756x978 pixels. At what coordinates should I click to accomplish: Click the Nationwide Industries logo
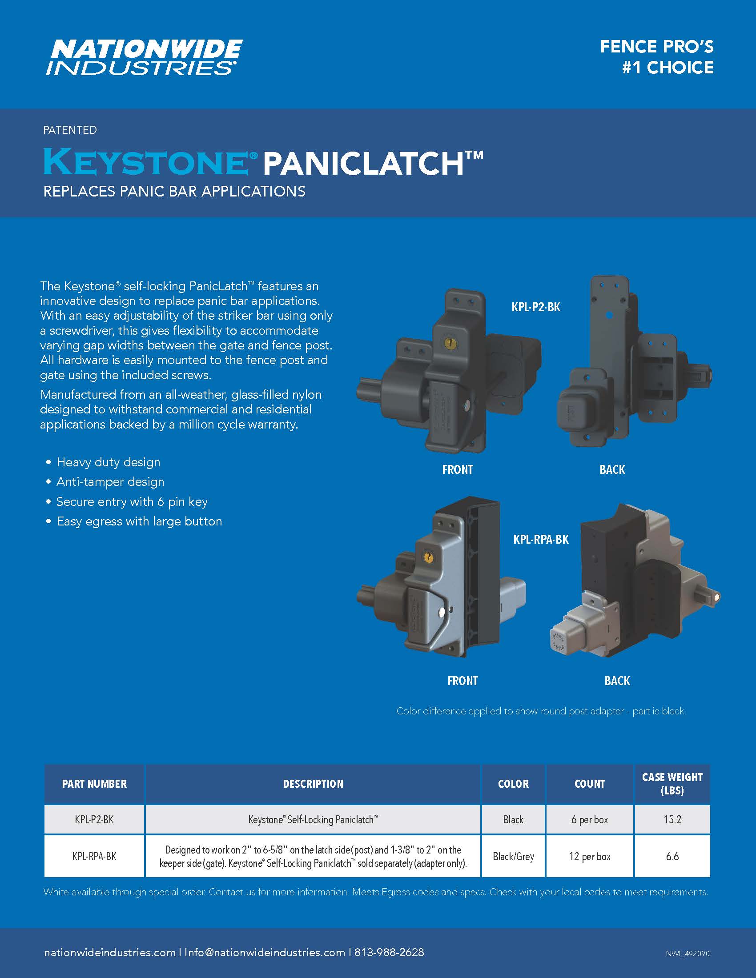(144, 57)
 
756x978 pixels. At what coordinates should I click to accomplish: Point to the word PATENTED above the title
(70, 130)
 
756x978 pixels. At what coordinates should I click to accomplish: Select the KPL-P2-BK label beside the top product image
(536, 307)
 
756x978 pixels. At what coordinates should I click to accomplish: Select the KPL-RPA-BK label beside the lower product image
(541, 539)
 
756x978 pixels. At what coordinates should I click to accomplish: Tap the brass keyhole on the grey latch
(429, 557)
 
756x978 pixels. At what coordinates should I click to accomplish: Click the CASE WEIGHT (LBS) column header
(672, 784)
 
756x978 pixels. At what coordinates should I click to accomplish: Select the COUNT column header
(589, 784)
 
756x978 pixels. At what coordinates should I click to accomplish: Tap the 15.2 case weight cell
(672, 819)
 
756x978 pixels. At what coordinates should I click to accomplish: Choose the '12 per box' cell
(590, 856)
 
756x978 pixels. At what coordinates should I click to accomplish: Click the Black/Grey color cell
(513, 856)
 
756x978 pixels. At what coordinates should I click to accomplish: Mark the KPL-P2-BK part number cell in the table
(94, 819)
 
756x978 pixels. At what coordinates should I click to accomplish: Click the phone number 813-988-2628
(389, 952)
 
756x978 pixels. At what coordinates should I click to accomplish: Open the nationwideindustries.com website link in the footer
(110, 953)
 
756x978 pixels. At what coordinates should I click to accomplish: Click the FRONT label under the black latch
(457, 470)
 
